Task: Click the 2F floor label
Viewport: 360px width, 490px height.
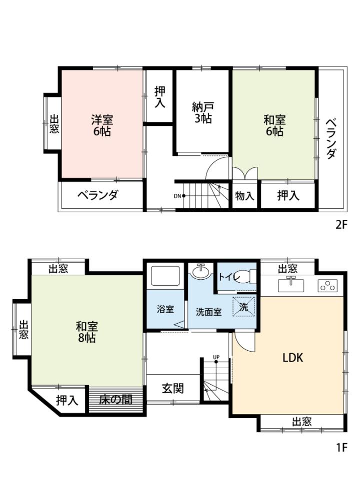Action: pos(341,224)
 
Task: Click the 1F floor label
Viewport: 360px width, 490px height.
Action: pos(342,448)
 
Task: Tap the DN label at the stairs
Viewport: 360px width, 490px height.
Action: pos(177,196)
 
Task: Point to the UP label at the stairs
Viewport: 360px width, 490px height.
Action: pos(216,357)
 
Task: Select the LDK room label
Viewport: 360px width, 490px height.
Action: pos(293,358)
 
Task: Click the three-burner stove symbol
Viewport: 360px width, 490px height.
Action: pos(327,286)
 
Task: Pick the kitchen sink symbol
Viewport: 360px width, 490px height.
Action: pos(290,285)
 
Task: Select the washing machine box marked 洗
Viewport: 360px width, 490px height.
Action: pos(243,307)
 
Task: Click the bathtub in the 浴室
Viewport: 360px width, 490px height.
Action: pos(165,276)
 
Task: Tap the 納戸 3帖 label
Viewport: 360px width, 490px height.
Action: pos(202,112)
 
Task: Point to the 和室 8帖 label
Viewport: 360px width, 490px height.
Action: pos(86,332)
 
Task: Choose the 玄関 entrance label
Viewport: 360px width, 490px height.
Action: pos(172,389)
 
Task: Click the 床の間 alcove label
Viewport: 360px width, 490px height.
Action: pos(115,400)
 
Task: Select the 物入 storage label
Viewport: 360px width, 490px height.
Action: pos(244,196)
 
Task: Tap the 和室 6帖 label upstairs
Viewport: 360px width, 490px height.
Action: pos(274,126)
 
